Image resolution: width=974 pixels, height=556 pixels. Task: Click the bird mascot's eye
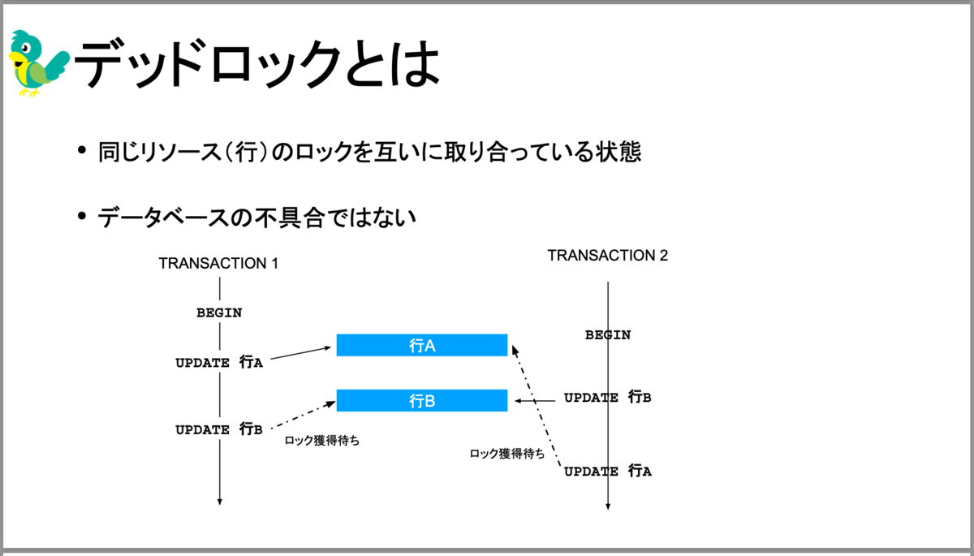(26, 47)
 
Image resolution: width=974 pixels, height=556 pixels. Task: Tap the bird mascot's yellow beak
(17, 58)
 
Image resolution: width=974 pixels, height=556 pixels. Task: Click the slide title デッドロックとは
(256, 64)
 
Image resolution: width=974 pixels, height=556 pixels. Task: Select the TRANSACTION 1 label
(218, 264)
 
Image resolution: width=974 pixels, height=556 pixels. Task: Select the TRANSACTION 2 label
(607, 256)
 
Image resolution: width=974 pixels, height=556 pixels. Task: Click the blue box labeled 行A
(422, 345)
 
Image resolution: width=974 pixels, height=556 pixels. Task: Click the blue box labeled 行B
(422, 400)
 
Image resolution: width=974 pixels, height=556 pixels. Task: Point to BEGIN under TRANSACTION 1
(219, 312)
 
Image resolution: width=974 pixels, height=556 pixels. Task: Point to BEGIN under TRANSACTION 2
(608, 334)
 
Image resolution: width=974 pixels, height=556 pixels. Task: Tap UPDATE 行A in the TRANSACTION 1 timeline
(219, 362)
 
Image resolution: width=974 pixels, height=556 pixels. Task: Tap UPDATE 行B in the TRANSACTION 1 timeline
(219, 429)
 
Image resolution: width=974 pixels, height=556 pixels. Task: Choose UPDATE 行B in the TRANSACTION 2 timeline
(608, 397)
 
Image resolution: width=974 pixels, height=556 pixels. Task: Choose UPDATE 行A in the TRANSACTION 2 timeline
(608, 471)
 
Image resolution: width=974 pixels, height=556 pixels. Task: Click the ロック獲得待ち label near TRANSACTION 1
(322, 441)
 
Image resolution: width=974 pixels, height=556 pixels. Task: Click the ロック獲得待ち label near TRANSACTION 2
(507, 454)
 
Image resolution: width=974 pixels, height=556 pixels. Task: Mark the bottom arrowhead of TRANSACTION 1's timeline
(220, 502)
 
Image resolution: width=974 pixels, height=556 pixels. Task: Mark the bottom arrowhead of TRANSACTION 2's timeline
(608, 506)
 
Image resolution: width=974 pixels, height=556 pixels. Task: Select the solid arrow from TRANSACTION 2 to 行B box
(535, 400)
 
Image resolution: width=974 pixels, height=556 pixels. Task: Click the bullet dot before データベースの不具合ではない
(82, 216)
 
